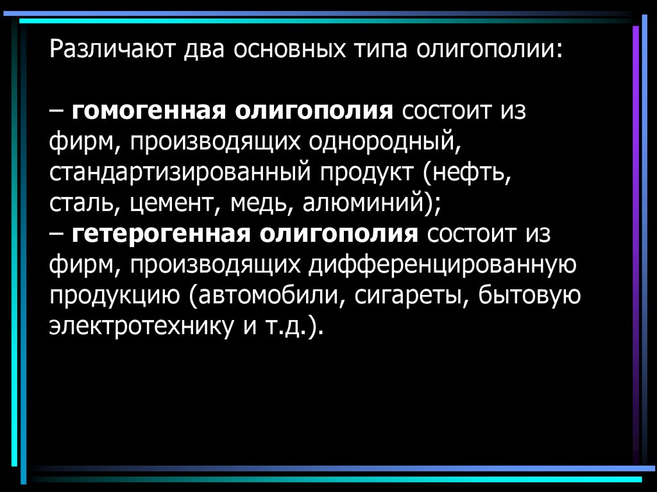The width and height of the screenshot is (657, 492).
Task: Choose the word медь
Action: click(259, 203)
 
